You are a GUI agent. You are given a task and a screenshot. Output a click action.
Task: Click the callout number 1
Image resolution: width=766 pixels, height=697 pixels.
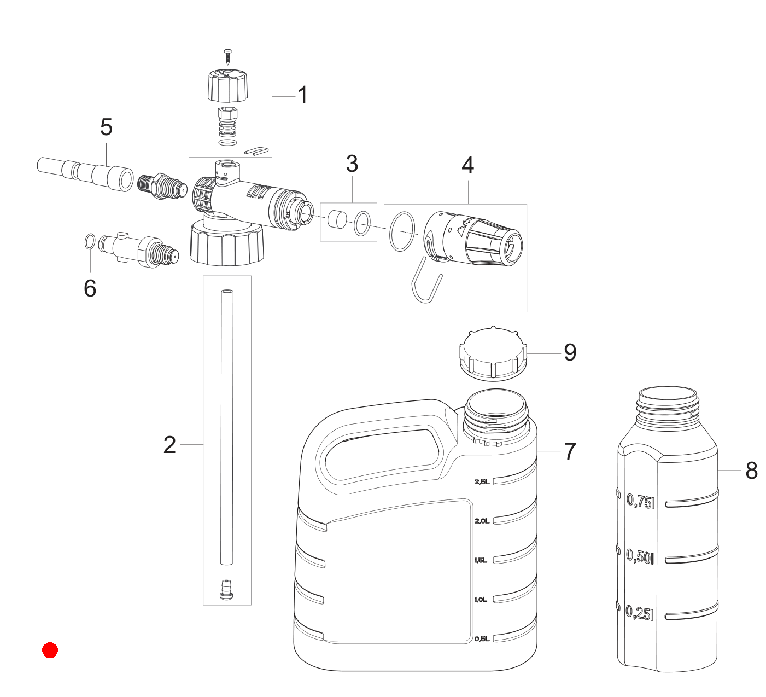click(303, 95)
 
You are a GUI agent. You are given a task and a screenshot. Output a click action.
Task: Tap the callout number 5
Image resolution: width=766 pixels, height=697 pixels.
click(107, 127)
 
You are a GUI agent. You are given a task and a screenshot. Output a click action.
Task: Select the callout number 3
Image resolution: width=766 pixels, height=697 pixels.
click(352, 164)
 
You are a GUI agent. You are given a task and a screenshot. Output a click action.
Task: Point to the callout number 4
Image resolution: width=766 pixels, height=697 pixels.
click(468, 165)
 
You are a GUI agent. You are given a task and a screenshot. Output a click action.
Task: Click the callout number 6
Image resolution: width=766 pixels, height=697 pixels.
click(90, 288)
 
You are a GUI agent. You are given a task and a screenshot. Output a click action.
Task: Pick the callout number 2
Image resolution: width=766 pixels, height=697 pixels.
click(169, 445)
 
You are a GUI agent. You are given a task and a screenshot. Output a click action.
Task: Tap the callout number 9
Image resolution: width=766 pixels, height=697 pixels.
click(570, 352)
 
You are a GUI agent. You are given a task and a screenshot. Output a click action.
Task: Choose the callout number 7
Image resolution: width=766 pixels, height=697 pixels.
click(570, 451)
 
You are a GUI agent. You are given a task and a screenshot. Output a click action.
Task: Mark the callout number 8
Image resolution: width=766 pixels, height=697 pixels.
click(751, 471)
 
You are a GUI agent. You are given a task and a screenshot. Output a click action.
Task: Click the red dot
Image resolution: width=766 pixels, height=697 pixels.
click(50, 650)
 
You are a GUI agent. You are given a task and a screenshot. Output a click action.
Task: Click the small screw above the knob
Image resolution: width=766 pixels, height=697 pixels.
click(228, 56)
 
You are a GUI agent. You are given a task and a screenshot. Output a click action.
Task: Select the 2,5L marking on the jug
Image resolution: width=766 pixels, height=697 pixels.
click(482, 482)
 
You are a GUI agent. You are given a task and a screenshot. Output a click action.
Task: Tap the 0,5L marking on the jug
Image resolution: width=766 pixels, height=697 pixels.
click(482, 638)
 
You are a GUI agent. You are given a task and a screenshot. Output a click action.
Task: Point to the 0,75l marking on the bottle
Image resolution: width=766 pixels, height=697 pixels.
click(641, 501)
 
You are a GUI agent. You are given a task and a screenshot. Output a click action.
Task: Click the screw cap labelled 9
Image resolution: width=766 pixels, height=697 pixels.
click(493, 353)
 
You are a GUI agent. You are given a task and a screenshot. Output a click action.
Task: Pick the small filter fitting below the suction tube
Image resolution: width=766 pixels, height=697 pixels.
click(227, 590)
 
